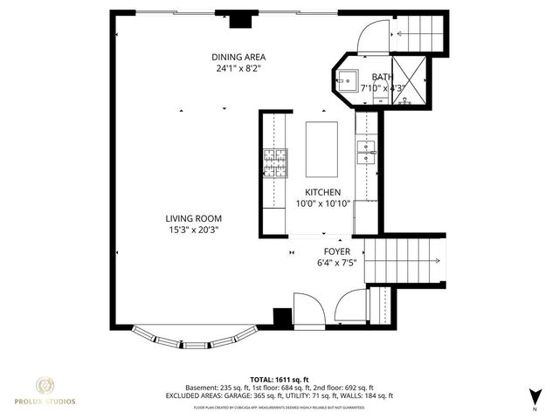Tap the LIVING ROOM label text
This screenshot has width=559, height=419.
tap(194, 218)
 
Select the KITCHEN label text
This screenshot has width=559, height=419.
tap(322, 192)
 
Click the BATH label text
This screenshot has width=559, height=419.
tap(383, 77)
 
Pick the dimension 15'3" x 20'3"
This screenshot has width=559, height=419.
tap(194, 230)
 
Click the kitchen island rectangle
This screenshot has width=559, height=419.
tap(321, 148)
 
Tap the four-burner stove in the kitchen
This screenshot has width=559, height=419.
tap(275, 162)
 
